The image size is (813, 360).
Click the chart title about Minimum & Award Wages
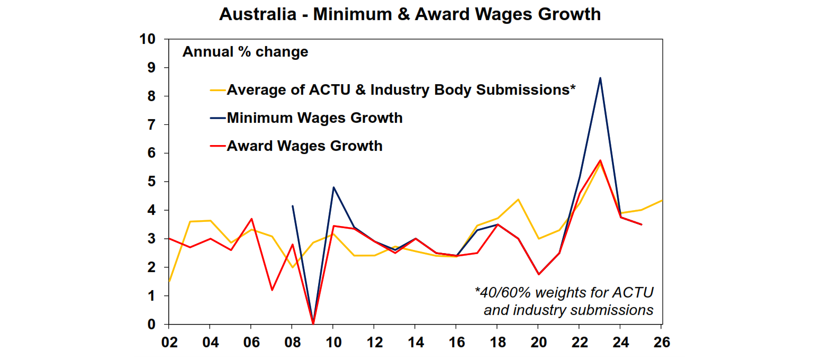pyautogui.click(x=410, y=14)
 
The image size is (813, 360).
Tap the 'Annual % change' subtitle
pyautogui.click(x=245, y=52)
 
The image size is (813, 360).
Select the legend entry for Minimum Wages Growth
pyautogui.click(x=314, y=118)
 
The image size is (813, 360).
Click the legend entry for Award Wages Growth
pyautogui.click(x=304, y=146)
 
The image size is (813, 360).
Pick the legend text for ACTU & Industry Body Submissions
pyautogui.click(x=401, y=89)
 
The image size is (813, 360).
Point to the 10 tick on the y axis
pyautogui.click(x=147, y=39)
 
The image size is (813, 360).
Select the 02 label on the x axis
pyautogui.click(x=168, y=343)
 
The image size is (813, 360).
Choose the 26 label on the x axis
pyautogui.click(x=662, y=343)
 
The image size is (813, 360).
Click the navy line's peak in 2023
pyautogui.click(x=600, y=78)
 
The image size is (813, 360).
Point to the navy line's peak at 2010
pyautogui.click(x=333, y=187)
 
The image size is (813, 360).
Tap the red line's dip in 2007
pyautogui.click(x=272, y=290)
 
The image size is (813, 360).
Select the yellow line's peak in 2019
pyautogui.click(x=518, y=200)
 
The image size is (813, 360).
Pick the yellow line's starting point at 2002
pyautogui.click(x=169, y=281)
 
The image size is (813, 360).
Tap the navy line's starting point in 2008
pyautogui.click(x=292, y=206)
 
